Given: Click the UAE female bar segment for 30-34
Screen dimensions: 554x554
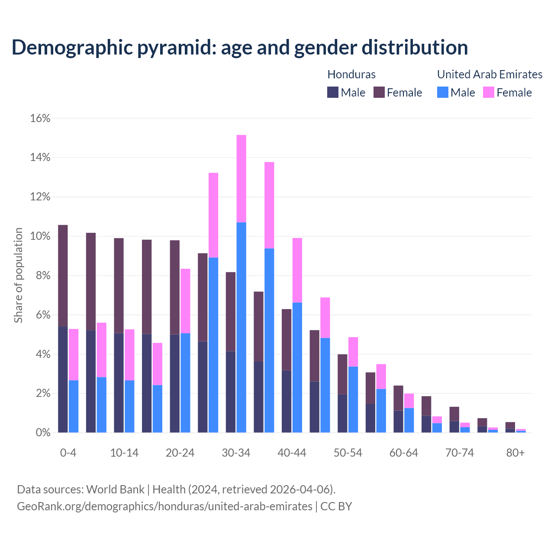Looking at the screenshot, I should point(242,178).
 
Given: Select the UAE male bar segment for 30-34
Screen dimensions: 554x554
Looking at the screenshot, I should point(242,327).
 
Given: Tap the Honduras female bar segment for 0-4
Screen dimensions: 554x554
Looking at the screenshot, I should point(63,276).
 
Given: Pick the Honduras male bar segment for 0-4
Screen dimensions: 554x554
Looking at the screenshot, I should point(63,380).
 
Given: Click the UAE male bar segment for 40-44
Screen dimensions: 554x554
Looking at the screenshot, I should point(297,367).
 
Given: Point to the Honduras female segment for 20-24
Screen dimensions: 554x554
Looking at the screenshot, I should point(174,287).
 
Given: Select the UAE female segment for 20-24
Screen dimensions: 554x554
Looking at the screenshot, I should point(185,301).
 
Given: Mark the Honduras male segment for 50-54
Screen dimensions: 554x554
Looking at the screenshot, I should point(342,413).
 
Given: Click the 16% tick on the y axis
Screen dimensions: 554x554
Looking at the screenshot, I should point(40,119).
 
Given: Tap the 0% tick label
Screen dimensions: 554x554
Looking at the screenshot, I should point(43,433).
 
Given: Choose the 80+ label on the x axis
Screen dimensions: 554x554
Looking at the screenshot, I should point(515,453).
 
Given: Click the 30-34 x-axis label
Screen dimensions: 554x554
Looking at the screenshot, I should point(236,453).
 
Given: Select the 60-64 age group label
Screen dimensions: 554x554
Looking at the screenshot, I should point(404,453).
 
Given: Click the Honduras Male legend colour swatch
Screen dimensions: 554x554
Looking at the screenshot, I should point(333,93).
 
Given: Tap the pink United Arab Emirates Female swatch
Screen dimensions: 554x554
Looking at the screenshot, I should point(489,93).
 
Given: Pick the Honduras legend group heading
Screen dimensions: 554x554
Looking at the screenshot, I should point(351,74).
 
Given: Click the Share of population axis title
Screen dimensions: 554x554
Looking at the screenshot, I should point(19,275).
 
